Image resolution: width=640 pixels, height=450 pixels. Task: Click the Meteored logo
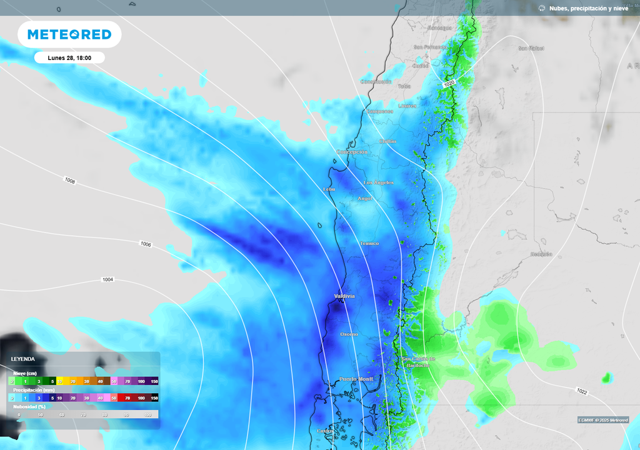(x=69, y=34)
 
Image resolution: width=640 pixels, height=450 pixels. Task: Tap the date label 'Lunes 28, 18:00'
(x=69, y=57)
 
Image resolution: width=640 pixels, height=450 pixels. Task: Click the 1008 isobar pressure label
(x=70, y=181)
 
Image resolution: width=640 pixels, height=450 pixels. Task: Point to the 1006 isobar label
(x=146, y=244)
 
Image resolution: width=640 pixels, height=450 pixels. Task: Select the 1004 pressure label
(x=107, y=279)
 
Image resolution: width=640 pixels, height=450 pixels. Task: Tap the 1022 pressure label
(x=582, y=391)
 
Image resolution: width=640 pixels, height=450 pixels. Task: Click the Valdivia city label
(x=344, y=296)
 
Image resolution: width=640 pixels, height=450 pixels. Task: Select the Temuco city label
(x=369, y=243)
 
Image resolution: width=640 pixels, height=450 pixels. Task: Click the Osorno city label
(x=349, y=334)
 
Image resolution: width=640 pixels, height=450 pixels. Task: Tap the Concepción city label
(x=352, y=152)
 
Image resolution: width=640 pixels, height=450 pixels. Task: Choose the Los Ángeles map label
(x=379, y=182)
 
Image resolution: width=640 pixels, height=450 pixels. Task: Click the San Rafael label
(x=531, y=48)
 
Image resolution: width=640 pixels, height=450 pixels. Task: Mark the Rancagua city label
(x=439, y=28)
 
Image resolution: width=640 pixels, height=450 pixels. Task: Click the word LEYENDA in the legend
(x=23, y=359)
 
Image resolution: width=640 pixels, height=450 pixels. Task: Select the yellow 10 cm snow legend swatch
(x=61, y=381)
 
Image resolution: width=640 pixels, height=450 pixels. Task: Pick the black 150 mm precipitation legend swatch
(x=154, y=397)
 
